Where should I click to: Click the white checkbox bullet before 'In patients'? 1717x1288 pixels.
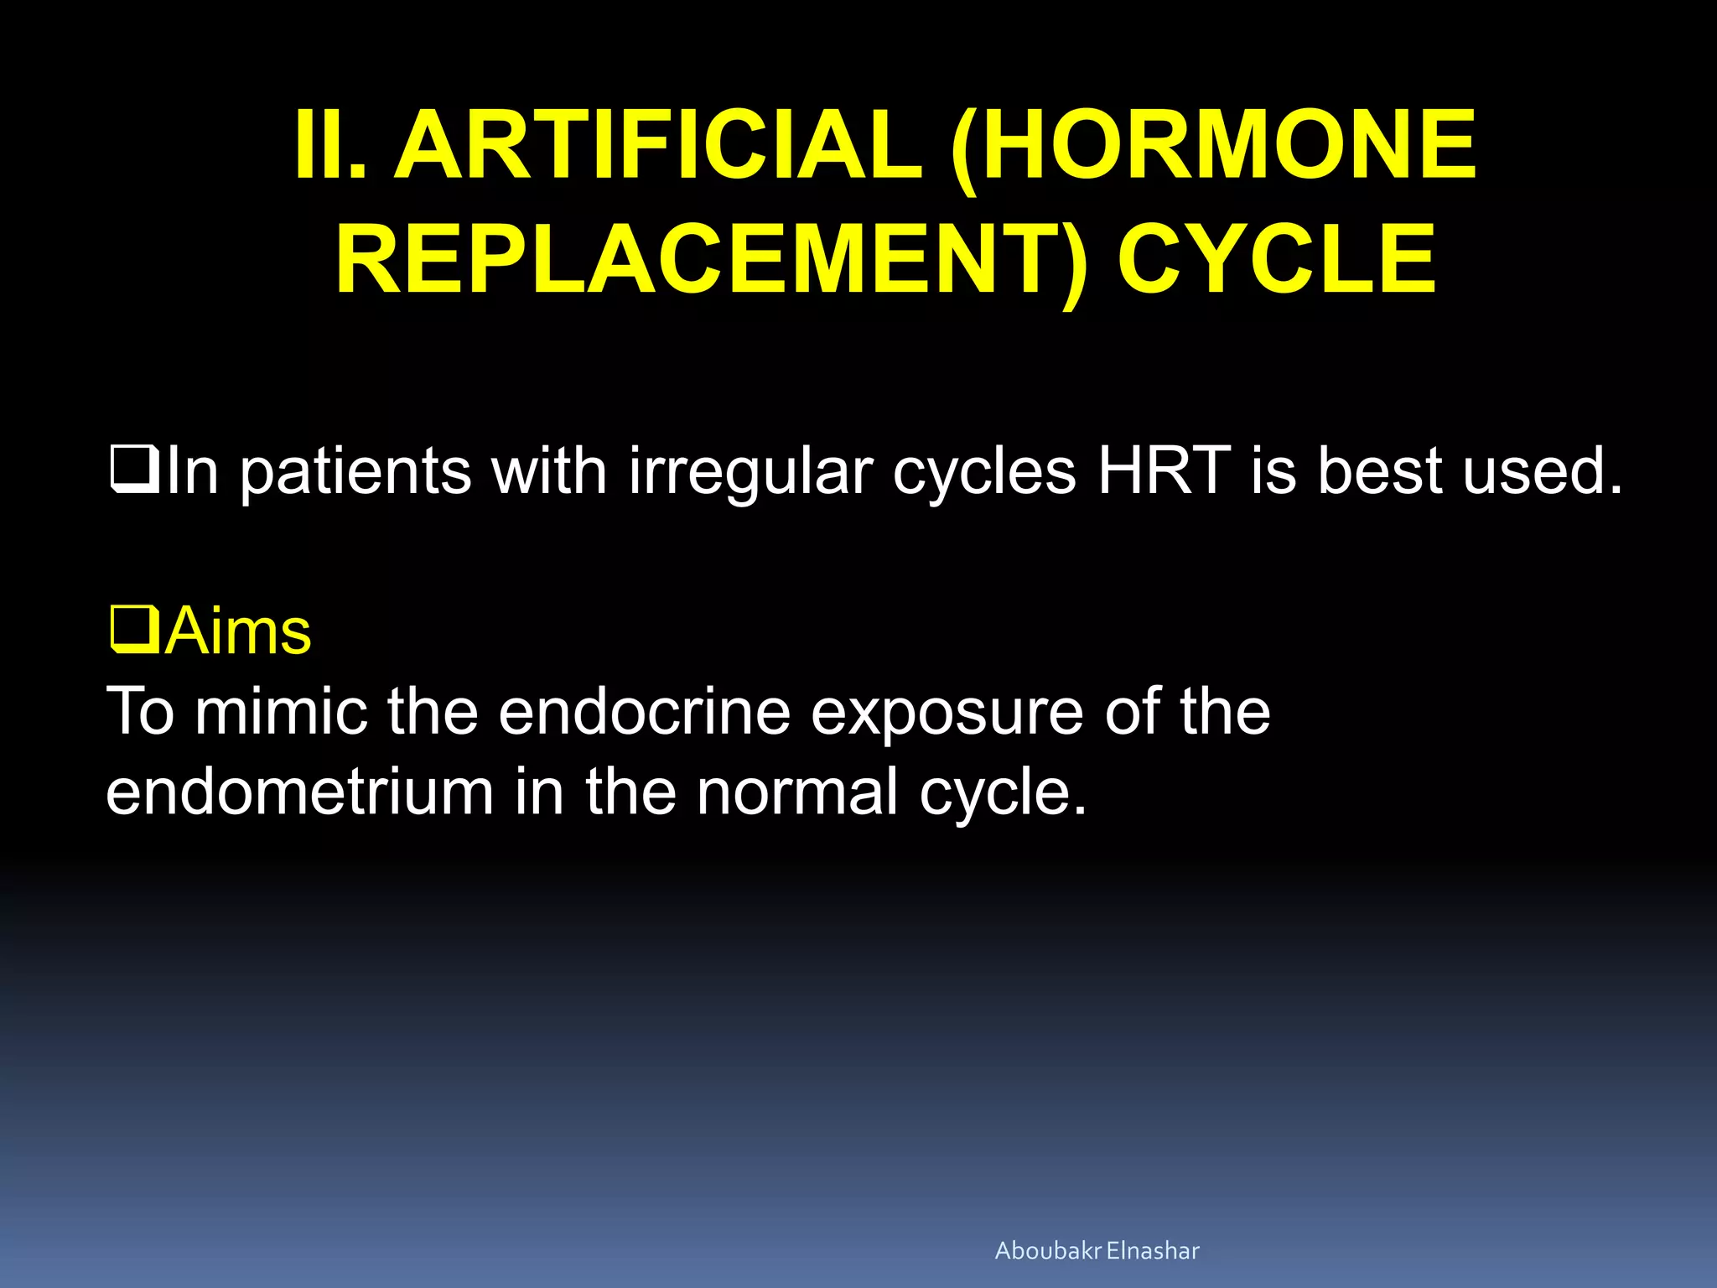[x=134, y=470]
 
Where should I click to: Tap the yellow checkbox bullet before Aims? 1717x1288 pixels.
[x=134, y=631]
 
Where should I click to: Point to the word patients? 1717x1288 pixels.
[x=356, y=472]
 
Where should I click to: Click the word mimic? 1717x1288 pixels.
[x=281, y=712]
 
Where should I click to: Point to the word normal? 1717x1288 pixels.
[x=796, y=792]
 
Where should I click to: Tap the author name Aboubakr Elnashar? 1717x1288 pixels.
[x=1097, y=1251]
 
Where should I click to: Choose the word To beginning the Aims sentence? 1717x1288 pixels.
[x=140, y=712]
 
